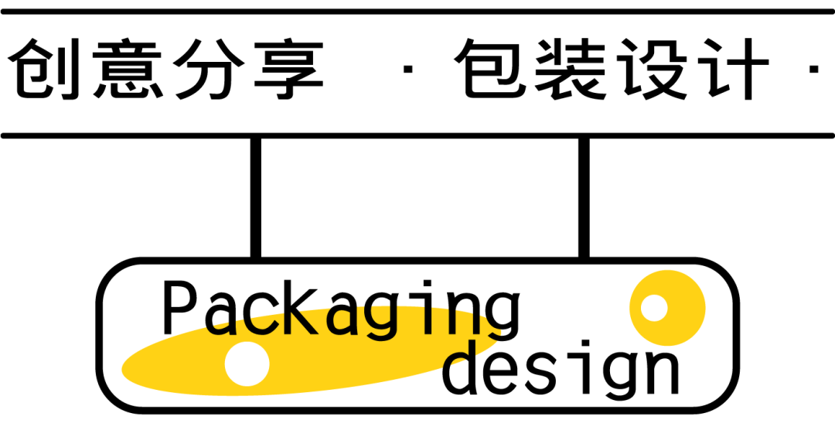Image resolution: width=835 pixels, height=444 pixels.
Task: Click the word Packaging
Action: point(340,309)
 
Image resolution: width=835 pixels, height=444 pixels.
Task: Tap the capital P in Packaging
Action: point(179,308)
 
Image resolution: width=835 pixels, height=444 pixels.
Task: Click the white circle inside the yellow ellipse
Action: point(247,364)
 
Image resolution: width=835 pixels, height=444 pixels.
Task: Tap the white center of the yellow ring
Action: point(654,308)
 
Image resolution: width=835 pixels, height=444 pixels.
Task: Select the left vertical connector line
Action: point(256,197)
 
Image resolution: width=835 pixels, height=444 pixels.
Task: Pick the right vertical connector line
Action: point(584,197)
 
